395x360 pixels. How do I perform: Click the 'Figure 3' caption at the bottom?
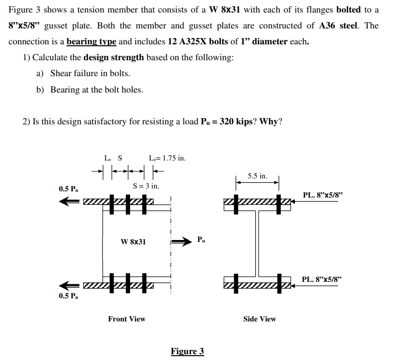tap(187, 351)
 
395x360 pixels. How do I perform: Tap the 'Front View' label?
tap(127, 319)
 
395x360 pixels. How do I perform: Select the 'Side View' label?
tap(260, 319)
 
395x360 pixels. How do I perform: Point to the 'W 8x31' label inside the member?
tap(133, 241)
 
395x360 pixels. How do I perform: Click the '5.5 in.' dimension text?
tap(258, 176)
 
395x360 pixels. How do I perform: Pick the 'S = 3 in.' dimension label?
tap(146, 186)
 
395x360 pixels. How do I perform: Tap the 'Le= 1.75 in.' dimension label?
tap(167, 158)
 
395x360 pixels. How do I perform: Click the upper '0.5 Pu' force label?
tap(68, 188)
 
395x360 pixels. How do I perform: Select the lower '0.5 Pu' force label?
tap(68, 295)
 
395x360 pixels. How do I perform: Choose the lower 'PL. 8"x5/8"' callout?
tap(322, 279)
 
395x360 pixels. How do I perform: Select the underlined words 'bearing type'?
tap(92, 41)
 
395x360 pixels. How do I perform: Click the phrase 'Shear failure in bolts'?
tap(90, 73)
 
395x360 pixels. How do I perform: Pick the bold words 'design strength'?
tap(114, 57)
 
